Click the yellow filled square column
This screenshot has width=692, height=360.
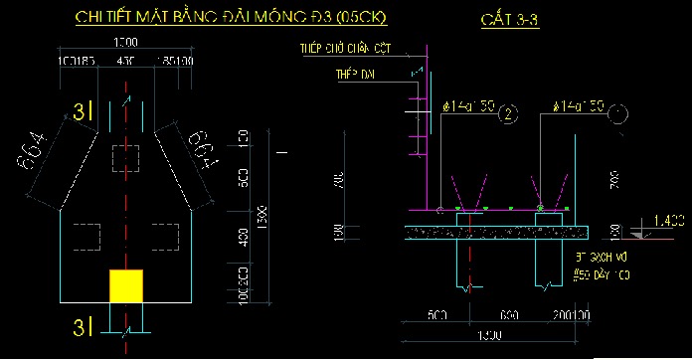click(x=125, y=284)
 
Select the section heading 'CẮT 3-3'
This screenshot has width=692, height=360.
click(x=508, y=22)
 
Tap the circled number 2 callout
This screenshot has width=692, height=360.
click(x=509, y=114)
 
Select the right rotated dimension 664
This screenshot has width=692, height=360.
click(x=207, y=149)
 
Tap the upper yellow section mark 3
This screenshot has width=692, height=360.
click(x=79, y=113)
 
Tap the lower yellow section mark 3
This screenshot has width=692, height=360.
click(x=79, y=327)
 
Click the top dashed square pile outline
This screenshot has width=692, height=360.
click(x=126, y=156)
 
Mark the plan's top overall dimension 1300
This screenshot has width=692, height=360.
click(x=125, y=42)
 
